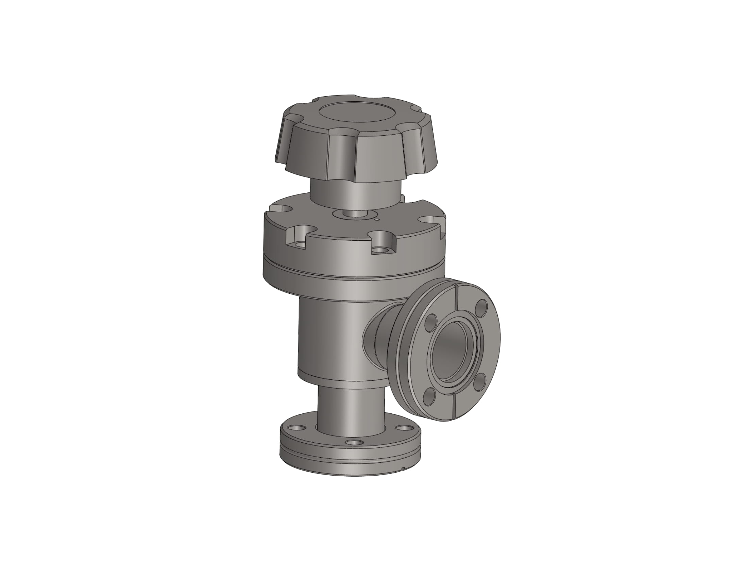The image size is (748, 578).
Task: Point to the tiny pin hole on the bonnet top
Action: pos(377,220)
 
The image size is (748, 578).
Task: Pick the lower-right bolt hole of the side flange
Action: pos(480,380)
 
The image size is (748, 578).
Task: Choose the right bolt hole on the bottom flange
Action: pos(406,428)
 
